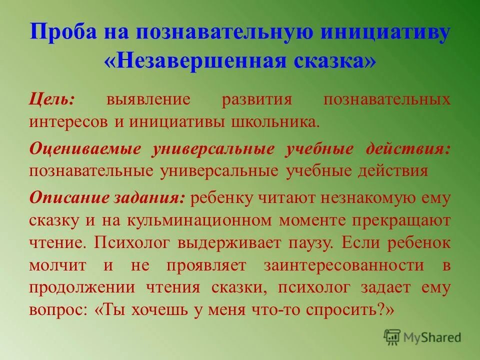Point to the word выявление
click(x=148, y=98)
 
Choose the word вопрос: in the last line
click(x=58, y=310)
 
